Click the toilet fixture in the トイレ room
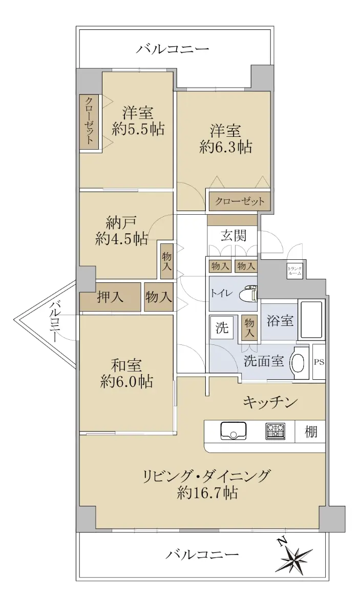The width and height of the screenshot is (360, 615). pyautogui.click(x=248, y=294)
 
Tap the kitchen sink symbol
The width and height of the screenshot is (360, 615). pyautogui.click(x=233, y=431)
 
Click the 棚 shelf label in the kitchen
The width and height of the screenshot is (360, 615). pyautogui.click(x=311, y=432)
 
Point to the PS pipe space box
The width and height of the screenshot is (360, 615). pyautogui.click(x=319, y=362)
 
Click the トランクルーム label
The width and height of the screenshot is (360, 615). pyautogui.click(x=295, y=271)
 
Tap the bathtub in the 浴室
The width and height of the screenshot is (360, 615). pyautogui.click(x=311, y=320)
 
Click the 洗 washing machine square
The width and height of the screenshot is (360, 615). pyautogui.click(x=222, y=327)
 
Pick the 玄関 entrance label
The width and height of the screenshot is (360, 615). pyautogui.click(x=234, y=236)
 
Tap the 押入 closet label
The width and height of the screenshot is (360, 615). pyautogui.click(x=110, y=297)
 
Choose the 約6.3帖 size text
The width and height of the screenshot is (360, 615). pyautogui.click(x=226, y=148)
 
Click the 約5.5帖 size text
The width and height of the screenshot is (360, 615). pyautogui.click(x=138, y=129)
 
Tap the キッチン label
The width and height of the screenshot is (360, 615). pyautogui.click(x=270, y=403)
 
